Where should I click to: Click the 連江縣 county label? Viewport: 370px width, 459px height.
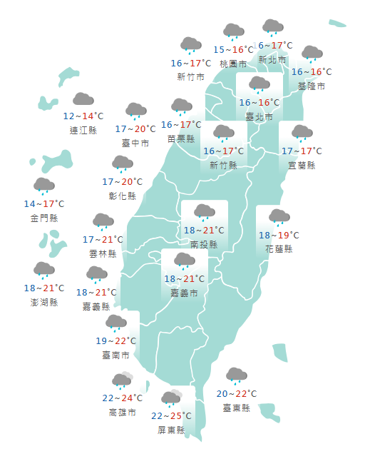coord(83,131)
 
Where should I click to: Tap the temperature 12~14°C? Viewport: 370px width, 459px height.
coord(83,116)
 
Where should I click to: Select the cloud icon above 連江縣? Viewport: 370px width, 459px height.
coord(83,100)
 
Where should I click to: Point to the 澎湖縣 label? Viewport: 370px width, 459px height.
coord(43,302)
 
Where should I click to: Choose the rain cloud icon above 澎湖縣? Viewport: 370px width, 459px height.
coord(43,270)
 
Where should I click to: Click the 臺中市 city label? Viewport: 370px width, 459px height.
coord(135,143)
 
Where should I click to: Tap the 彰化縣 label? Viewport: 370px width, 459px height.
coord(123,196)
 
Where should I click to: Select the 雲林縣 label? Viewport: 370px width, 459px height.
coord(103,253)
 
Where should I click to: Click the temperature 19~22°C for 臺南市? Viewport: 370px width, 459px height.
coord(115,341)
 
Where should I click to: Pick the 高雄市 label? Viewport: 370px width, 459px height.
coord(123,412)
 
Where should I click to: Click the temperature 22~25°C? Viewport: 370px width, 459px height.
coord(171,416)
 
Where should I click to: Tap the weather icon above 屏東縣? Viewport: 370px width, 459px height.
coord(171,398)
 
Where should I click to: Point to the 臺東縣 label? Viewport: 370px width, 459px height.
coord(236,408)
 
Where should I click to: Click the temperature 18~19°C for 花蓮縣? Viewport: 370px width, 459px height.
coord(279,235)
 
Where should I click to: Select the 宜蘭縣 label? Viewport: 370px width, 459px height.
coord(302,165)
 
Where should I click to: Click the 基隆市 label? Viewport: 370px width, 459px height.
coord(312,86)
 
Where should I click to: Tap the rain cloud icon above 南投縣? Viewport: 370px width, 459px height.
coord(205,211)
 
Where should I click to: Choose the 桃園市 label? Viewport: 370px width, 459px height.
coord(233,64)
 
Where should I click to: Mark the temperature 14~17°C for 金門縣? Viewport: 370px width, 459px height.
coord(43,204)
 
